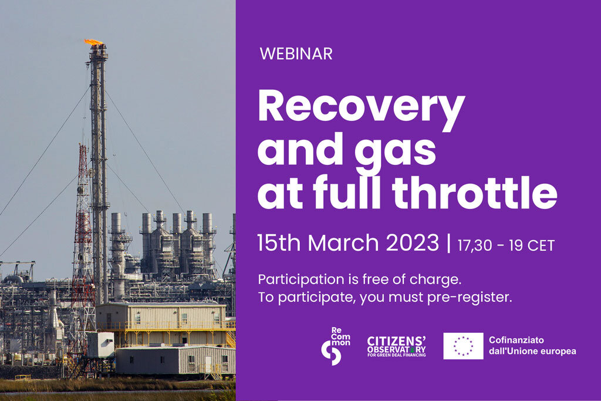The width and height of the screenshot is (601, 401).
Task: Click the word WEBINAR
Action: coord(296,53)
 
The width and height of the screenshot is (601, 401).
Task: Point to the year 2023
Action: coord(412,242)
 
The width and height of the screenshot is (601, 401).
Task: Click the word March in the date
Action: coord(343,242)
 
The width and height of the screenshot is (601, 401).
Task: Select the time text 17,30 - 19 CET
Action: coord(506,246)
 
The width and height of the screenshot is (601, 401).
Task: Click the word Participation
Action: coord(301,279)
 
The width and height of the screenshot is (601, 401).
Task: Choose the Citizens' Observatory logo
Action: coord(396,346)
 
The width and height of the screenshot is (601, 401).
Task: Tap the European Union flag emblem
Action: coord(464,346)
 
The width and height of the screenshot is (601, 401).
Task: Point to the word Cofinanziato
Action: coord(516,340)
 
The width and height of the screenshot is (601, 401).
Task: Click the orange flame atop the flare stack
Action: coord(93,42)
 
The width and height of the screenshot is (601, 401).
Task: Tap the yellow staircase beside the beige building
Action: coord(231,340)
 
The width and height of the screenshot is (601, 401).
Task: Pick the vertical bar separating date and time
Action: coord(448,244)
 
